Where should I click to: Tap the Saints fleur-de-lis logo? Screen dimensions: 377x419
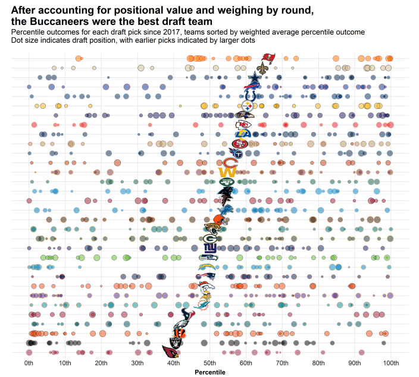pos(262,68)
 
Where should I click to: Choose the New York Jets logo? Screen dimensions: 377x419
pos(227,182)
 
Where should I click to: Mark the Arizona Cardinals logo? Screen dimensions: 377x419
pos(171,353)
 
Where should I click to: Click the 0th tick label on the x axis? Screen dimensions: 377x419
pos(29,363)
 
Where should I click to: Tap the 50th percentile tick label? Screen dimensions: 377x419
pos(209,363)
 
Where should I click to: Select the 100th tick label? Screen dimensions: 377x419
pos(391,363)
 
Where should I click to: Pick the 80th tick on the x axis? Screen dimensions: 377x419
pos(318,363)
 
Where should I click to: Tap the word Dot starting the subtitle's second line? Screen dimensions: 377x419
pos(18,41)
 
